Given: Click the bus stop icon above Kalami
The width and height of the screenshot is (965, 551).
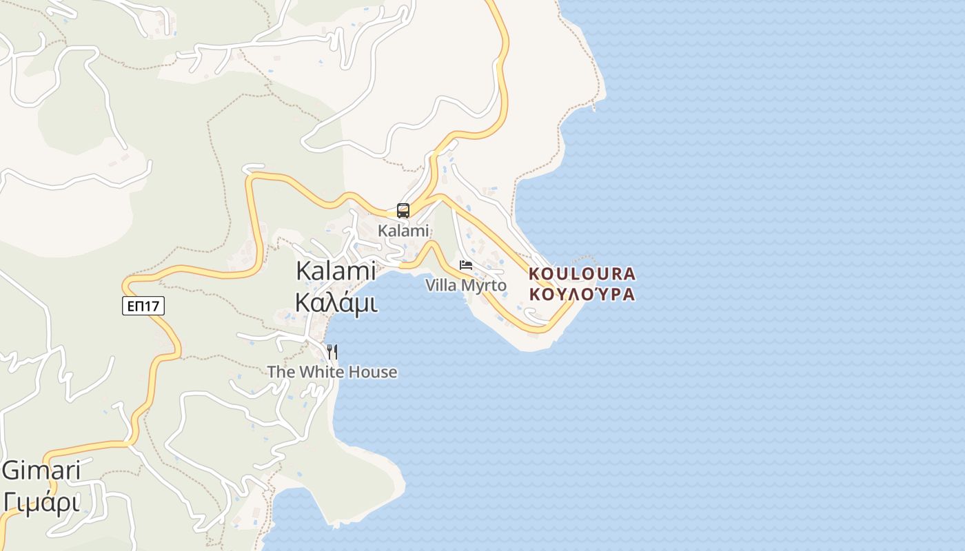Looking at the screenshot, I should [x=403, y=211].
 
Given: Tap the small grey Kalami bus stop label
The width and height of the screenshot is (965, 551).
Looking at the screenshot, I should [x=403, y=231].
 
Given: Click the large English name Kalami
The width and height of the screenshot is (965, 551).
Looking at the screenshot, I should [x=336, y=271].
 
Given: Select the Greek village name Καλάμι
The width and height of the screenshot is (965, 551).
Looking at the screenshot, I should [x=336, y=302].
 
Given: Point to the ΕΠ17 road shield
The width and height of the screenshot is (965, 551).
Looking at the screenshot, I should [x=143, y=306].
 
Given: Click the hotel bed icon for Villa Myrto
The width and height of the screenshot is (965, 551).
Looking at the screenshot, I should [x=466, y=265].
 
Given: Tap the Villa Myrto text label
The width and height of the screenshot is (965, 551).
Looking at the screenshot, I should [x=465, y=285].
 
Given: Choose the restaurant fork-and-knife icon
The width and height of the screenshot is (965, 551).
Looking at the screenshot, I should [x=332, y=352].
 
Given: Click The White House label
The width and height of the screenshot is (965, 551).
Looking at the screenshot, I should [x=332, y=372].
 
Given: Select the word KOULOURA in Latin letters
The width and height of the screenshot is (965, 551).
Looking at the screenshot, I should [x=582, y=274].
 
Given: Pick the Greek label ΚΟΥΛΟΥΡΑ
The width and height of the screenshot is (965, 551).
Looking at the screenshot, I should [x=582, y=294].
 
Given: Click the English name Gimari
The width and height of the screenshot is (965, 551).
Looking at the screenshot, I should [x=41, y=471].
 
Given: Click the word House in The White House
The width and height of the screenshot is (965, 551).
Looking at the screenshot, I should [x=373, y=372].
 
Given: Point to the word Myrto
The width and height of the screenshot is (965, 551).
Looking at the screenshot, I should [x=484, y=285].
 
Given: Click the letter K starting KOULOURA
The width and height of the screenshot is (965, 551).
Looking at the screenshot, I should [x=534, y=274].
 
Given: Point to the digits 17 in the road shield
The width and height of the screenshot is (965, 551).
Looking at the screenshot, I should [x=154, y=306].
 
